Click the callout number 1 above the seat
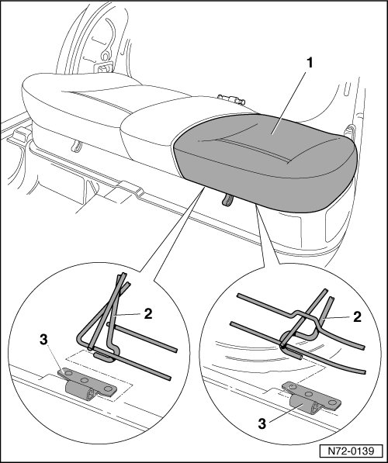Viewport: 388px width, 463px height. click(309, 63)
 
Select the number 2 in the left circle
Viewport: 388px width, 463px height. click(147, 313)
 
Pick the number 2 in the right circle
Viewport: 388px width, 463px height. click(357, 317)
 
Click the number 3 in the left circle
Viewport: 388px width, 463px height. click(43, 340)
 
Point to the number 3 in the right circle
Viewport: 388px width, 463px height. click(262, 424)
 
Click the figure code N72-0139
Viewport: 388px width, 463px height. click(351, 451)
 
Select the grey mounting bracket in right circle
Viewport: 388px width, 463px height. click(311, 399)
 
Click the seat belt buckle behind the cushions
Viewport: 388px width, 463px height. click(231, 99)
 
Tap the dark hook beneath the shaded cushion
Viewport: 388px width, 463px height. click(227, 200)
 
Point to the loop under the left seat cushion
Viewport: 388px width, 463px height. click(77, 146)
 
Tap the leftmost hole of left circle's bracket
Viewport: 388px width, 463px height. click(68, 374)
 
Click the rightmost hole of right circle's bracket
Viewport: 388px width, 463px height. click(332, 403)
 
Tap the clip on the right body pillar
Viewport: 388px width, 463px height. click(350, 132)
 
